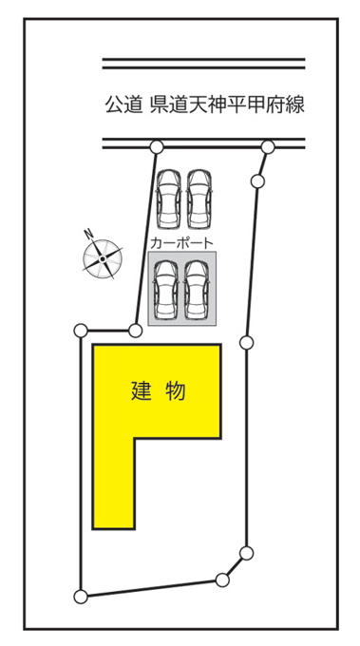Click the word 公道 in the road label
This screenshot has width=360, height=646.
coord(121,104)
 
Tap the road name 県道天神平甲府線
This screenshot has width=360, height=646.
coord(227,104)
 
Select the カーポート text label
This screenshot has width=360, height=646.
coord(181,243)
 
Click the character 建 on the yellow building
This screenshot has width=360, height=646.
coord(142,390)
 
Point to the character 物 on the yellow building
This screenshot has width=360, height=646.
coord(175,390)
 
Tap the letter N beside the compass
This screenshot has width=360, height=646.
coord(88,235)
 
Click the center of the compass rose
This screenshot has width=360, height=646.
coord(103,258)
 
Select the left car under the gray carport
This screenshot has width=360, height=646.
coord(166,290)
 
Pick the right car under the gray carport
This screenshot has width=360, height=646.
coord(198,290)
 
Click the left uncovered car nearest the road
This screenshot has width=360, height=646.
coord(168,199)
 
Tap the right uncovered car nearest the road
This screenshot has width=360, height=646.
coord(199,199)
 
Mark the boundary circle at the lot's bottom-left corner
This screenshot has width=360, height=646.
coord(81,597)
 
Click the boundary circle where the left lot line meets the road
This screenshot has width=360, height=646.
coord(157,146)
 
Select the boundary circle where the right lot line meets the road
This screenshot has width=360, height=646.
coord(268,146)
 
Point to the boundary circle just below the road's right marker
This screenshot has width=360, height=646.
coord(257,180)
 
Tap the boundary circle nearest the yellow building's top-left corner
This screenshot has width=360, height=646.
coord(135,330)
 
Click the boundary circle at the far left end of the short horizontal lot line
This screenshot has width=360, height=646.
coord(81,330)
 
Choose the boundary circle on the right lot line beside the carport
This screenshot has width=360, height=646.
coord(246,342)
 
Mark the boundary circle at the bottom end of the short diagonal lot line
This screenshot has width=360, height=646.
coord(222,580)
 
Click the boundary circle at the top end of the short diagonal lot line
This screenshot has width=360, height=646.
coord(246,553)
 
